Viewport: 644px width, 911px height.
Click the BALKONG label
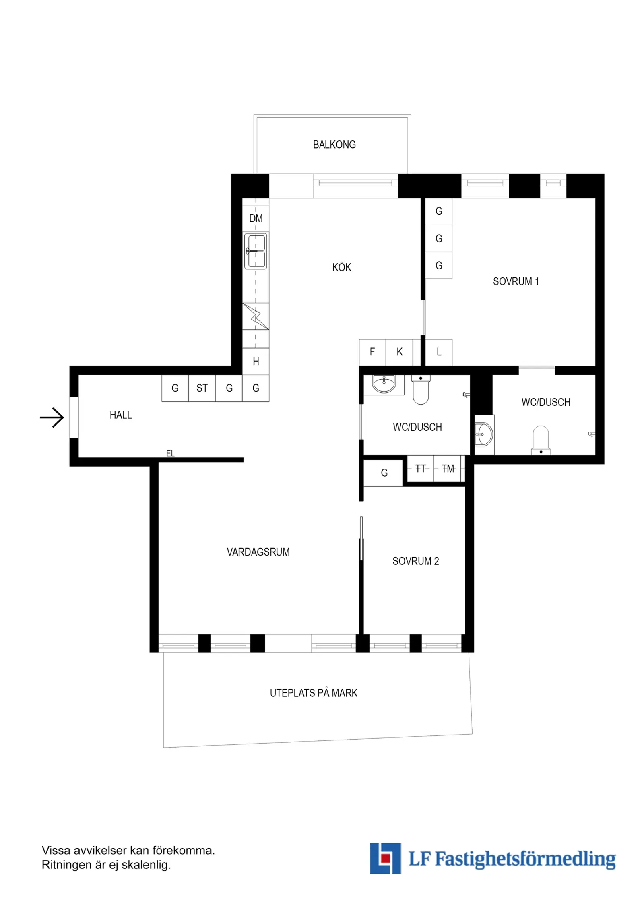[334, 145]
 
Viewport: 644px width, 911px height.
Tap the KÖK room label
[341, 267]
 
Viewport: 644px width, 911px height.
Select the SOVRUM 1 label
[516, 281]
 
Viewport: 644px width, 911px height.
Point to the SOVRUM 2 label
[415, 561]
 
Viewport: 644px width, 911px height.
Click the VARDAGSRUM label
[258, 552]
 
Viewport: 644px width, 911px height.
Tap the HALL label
[121, 415]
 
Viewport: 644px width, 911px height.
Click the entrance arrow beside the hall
[52, 417]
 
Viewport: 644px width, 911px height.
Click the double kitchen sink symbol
[256, 251]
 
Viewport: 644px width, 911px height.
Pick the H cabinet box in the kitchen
[256, 361]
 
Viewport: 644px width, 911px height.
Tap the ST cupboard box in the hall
[202, 388]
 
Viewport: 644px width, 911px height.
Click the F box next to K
[372, 352]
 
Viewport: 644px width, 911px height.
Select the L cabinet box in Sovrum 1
[439, 352]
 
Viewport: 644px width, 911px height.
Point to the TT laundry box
[421, 469]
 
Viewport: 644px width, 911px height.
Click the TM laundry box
[448, 469]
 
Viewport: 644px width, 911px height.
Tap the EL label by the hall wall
[170, 453]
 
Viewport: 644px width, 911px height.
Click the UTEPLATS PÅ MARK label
[314, 693]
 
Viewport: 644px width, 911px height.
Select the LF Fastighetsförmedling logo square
[385, 858]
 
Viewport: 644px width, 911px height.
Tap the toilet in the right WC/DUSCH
[541, 440]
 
